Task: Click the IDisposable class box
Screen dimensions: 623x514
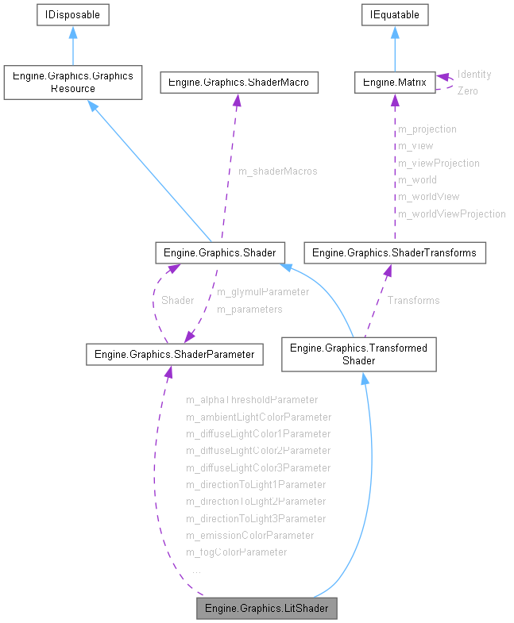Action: (x=73, y=14)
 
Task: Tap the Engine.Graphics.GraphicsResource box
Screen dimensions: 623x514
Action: (x=73, y=83)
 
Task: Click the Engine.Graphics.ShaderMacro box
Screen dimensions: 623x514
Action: (x=239, y=82)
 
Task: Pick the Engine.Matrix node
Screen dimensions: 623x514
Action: (x=395, y=82)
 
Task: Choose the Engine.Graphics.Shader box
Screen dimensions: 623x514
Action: (x=219, y=253)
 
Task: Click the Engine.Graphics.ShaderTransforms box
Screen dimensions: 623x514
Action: (x=395, y=253)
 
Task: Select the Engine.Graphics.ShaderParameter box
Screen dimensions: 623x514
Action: (x=174, y=355)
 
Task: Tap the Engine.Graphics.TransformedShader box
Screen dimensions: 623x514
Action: (x=358, y=354)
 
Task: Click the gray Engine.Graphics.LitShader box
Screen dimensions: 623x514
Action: (x=267, y=609)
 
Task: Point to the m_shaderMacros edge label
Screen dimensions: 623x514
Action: (x=277, y=171)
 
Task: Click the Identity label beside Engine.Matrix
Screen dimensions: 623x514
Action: (x=474, y=74)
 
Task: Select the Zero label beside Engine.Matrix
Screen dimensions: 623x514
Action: (x=468, y=91)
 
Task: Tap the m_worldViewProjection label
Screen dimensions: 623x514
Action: (x=451, y=213)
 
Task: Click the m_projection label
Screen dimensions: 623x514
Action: (x=427, y=129)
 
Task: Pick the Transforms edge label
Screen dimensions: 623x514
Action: (x=413, y=300)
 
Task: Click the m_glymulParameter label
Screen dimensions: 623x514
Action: (x=263, y=291)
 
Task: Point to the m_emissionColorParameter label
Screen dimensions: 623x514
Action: (x=249, y=535)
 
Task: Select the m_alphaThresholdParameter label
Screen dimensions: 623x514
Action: (x=251, y=399)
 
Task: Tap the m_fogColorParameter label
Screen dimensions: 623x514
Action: (x=236, y=552)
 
